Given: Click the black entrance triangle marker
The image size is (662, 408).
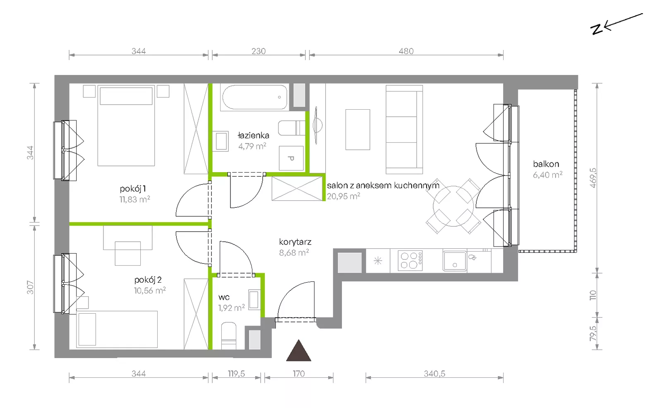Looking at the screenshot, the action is point(298,351).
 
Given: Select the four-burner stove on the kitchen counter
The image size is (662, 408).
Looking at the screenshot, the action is point(410,260).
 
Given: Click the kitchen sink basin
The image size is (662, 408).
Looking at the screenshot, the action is point(455,261).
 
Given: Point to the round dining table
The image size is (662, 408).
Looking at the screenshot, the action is point(453,206).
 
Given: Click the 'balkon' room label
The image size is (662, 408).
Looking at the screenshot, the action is point(546,164).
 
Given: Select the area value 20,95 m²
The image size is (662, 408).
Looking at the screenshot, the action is point(343,196).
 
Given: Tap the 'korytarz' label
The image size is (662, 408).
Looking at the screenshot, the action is point(295,242).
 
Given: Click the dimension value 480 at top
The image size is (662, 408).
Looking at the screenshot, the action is point(406,51).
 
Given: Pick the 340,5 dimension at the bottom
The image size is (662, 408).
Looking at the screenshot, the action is point(434,374).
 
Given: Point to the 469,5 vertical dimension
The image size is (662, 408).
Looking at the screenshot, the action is point(593,178).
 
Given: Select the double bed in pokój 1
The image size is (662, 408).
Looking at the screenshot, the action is point(126,126).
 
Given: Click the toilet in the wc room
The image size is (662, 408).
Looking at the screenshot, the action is point(229,336).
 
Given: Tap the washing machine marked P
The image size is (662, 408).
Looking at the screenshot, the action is point(291,158).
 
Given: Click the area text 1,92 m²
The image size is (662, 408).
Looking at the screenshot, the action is point(231,308).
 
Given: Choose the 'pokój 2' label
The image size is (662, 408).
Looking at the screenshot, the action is point(148,280).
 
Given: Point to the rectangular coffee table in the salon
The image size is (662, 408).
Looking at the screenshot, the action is point(357,130).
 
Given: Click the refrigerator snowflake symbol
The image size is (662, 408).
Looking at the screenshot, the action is point(378,261).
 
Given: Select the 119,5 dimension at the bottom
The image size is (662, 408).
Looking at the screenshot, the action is point(236,374).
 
